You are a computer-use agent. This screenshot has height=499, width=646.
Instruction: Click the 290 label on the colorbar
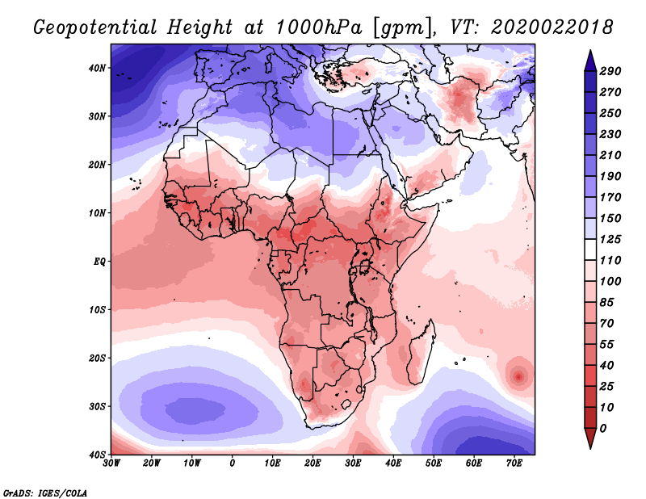610,72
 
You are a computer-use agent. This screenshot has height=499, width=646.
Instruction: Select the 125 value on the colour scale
610,240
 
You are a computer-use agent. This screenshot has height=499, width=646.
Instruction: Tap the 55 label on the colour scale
610,343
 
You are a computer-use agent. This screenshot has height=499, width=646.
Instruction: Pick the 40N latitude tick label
97,68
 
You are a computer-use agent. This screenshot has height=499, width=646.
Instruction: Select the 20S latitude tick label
97,358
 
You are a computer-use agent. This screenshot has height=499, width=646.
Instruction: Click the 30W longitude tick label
111,463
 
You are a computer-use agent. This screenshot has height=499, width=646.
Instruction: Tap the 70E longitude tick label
514,463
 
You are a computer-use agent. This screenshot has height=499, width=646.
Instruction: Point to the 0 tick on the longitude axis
233,463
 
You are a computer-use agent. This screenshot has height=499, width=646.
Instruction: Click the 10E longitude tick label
273,463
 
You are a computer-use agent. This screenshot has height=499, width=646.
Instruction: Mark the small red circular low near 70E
518,375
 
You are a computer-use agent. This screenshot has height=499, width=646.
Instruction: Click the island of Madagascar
419,355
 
